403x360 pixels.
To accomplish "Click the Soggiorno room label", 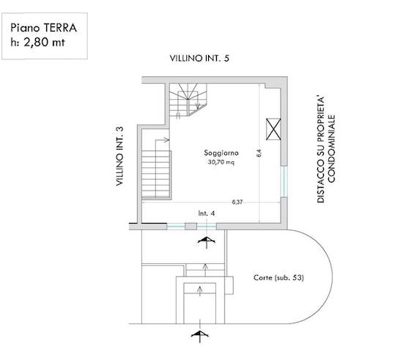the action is tap(221, 153).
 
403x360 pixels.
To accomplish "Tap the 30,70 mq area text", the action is tap(221, 162).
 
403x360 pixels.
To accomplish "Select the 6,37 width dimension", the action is tap(237, 202).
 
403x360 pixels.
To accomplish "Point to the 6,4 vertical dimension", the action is tap(259, 153).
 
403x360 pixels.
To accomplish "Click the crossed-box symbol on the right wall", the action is tap(273, 129).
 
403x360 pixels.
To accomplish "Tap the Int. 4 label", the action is tap(207, 213).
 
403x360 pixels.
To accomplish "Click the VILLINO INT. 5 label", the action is tap(199, 59).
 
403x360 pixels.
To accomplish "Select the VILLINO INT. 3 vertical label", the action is tap(119, 156).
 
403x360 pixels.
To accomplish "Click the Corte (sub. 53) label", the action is tap(278, 278).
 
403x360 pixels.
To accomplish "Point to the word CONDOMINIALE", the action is tap(331, 149).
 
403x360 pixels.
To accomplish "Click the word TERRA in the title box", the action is tap(60, 28).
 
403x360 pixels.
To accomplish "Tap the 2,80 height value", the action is tap(36, 43).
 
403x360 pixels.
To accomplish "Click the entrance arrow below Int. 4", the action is tap(207, 243).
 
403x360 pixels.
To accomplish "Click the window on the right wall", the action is tap(284, 182).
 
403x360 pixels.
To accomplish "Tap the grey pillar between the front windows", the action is tap(191, 227).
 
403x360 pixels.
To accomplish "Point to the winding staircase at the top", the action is tap(188, 100).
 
